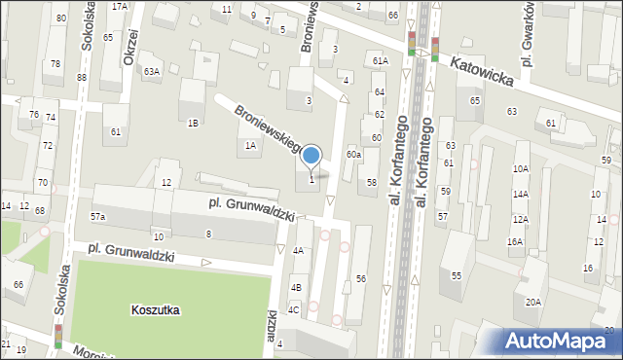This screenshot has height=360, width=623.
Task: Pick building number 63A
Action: coord(151,71)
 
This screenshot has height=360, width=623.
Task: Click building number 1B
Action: coord(193,123)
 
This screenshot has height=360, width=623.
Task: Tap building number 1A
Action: coord(250,145)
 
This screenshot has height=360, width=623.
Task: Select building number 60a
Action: coord(355,154)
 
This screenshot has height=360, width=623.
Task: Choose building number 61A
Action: coord(380,60)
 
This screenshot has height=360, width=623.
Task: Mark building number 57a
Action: coord(98,216)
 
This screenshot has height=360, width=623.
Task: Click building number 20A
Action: coord(533,303)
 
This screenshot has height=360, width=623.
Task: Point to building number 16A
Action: coord(515,241)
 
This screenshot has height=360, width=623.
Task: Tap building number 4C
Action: coord(293,309)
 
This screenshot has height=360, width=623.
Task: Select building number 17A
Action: coord(119,6)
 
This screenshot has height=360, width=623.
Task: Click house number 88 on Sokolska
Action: coord(82,77)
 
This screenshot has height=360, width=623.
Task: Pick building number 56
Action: coord(360,279)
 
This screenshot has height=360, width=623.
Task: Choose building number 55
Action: coord(456,275)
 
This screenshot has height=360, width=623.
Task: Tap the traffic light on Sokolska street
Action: coord(57,336)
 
